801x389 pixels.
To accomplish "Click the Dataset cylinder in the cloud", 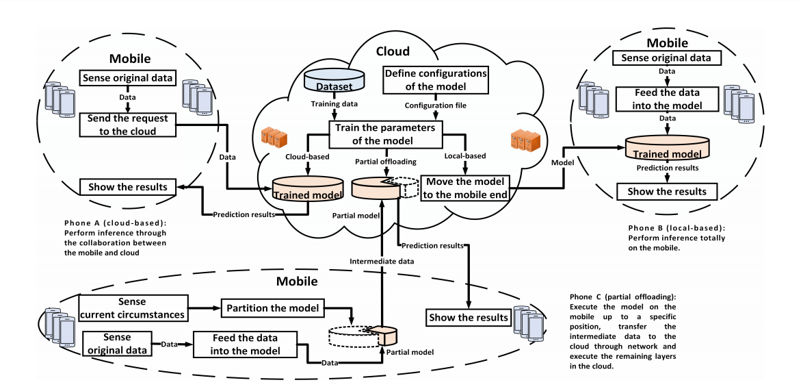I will click(334, 84).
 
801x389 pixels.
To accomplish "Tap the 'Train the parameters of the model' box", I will click(386, 135).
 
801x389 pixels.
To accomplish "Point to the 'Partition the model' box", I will click(272, 308).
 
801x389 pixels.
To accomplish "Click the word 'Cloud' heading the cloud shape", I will click(393, 51).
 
